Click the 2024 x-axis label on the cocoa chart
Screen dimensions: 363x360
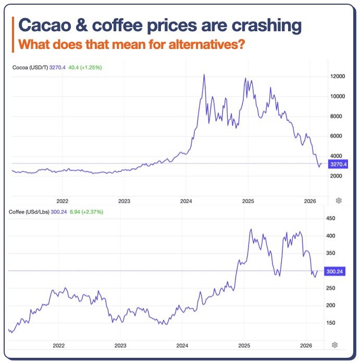(186, 201)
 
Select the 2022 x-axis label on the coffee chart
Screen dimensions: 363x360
(58, 345)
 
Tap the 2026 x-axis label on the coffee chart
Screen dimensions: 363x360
(306, 345)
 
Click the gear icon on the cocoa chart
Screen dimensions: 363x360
(338, 200)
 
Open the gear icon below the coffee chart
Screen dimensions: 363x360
(334, 345)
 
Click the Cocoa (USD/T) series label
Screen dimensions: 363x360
(30, 67)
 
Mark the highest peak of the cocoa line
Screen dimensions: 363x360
(204, 74)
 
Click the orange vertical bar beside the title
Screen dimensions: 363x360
(13, 34)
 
